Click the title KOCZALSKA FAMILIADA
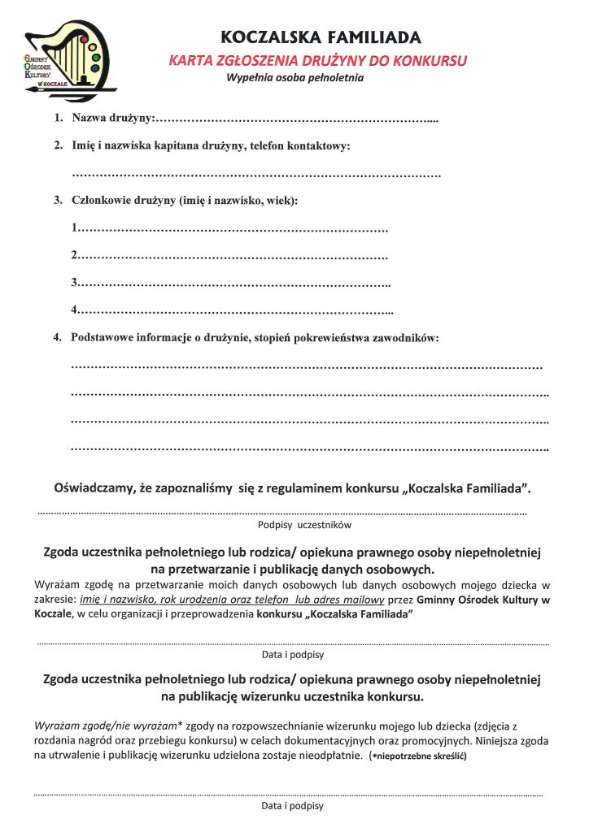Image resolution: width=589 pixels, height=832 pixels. [321, 37]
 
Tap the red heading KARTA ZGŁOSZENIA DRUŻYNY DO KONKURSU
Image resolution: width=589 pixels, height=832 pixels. [318, 60]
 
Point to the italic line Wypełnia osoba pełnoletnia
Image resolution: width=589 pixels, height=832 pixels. [294, 79]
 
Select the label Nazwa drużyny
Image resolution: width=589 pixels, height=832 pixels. [112, 119]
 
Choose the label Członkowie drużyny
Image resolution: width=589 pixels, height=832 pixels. [122, 200]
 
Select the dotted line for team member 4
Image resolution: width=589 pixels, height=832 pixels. [235, 311]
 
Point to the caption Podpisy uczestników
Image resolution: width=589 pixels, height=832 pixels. [293, 525]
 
